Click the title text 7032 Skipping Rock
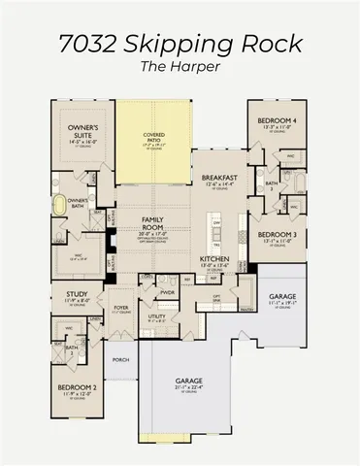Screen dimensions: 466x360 180,45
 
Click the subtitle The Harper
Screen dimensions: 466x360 180,70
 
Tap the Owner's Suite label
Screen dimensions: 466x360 74,130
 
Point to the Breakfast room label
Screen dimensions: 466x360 219,179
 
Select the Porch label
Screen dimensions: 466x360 120,359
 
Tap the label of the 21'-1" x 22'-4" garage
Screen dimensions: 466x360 188,382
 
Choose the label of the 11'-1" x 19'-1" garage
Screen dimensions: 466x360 282,295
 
